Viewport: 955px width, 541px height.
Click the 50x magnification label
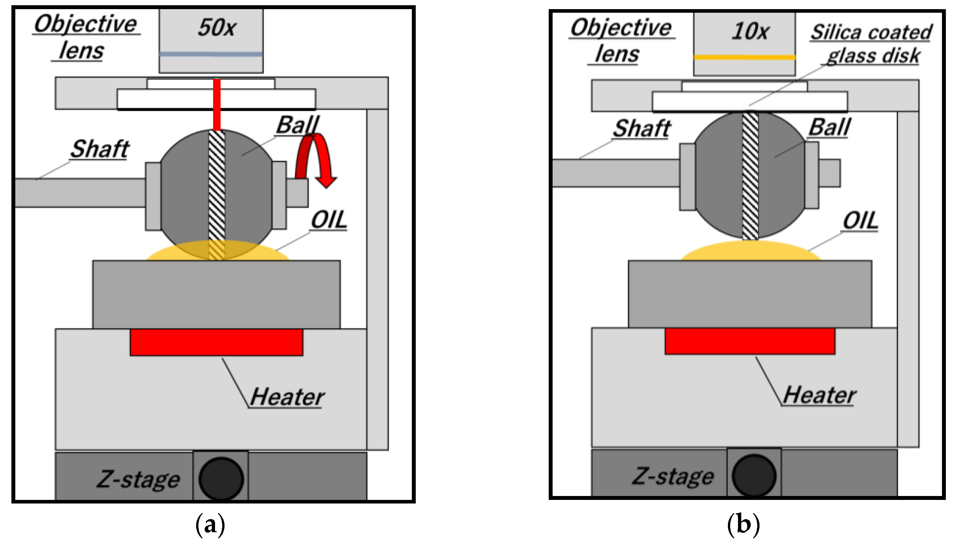click(x=216, y=27)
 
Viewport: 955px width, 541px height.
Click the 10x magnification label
click(x=750, y=31)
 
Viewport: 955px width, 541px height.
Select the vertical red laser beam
click(x=217, y=104)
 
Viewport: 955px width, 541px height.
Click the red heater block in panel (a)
click(x=216, y=342)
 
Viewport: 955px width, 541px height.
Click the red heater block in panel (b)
click(x=750, y=341)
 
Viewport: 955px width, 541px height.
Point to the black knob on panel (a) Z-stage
click(x=221, y=479)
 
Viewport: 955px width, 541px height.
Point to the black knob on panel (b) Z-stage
click(x=754, y=475)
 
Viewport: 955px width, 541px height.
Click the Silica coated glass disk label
click(x=871, y=44)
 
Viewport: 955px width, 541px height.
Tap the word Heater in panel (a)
click(x=287, y=397)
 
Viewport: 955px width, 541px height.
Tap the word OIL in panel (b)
click(x=861, y=221)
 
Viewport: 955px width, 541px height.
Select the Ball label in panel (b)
click(x=830, y=128)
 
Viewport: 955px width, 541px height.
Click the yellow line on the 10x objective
click(x=744, y=57)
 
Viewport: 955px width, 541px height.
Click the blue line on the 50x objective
click(x=211, y=54)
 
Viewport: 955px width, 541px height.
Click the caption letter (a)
click(x=210, y=524)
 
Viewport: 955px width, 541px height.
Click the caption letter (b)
click(x=744, y=524)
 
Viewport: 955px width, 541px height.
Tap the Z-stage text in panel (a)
click(x=138, y=479)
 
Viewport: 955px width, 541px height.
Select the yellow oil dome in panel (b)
click(x=750, y=251)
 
